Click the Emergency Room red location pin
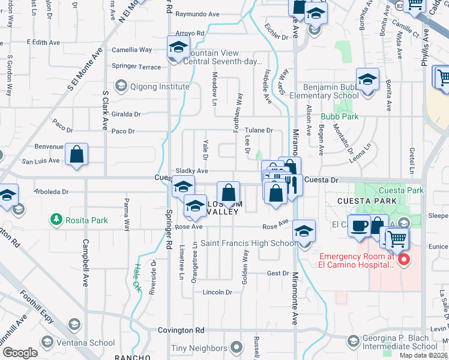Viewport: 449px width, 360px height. [404, 260]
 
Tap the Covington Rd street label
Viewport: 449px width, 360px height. [181, 330]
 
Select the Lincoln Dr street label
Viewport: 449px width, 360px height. [217, 292]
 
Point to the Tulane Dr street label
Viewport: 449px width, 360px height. [261, 130]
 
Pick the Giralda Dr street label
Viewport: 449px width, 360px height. [126, 114]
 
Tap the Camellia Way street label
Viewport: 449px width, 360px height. [132, 50]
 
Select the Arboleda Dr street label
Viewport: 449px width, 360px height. [53, 193]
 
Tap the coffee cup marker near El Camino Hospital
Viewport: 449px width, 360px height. [359, 226]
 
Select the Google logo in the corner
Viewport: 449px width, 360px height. [20, 353]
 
